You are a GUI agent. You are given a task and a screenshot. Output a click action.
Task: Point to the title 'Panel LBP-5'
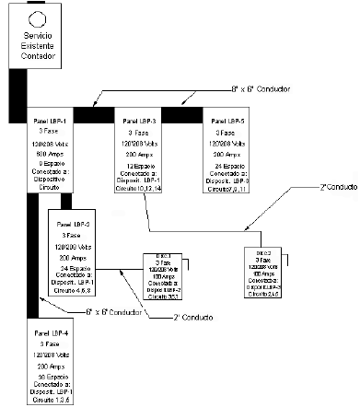(226, 121)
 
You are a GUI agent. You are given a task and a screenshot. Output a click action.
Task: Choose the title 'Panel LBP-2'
(74, 224)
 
